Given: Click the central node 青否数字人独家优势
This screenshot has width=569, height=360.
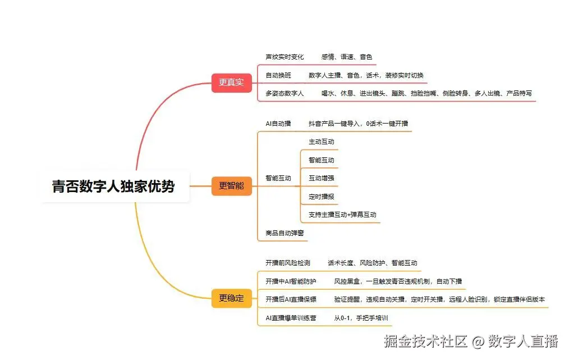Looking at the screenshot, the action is click(x=113, y=186).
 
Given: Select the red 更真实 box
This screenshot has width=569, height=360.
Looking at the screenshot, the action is click(x=231, y=83).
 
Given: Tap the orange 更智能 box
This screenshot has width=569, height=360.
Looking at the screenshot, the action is click(x=231, y=186).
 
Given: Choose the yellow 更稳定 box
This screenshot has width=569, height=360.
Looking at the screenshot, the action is click(x=231, y=298).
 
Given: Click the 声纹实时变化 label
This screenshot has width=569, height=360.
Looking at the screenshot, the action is click(x=284, y=57).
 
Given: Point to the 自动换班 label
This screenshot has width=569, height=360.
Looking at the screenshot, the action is click(x=278, y=75).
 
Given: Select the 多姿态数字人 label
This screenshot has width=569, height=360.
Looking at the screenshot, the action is click(x=284, y=93).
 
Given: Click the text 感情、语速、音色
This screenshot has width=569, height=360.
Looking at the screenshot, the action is click(x=347, y=57).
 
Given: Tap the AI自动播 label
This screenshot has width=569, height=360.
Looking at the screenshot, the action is click(x=278, y=124).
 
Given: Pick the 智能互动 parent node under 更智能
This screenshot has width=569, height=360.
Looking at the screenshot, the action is click(x=278, y=178).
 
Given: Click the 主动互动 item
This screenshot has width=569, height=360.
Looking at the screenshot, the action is click(x=322, y=142).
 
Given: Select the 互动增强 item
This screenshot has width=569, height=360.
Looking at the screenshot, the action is click(x=322, y=178).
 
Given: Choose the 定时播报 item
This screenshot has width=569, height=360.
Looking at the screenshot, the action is click(x=322, y=197).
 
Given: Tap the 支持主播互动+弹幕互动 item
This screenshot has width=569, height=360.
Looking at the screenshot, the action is click(x=342, y=215).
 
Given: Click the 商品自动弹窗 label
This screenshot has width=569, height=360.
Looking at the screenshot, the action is click(x=284, y=233).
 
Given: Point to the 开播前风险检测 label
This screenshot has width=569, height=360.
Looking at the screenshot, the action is click(x=288, y=262).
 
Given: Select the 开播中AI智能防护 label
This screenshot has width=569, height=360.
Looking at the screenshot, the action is click(x=291, y=281).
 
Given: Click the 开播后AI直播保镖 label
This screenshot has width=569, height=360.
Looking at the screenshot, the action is click(x=291, y=299).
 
